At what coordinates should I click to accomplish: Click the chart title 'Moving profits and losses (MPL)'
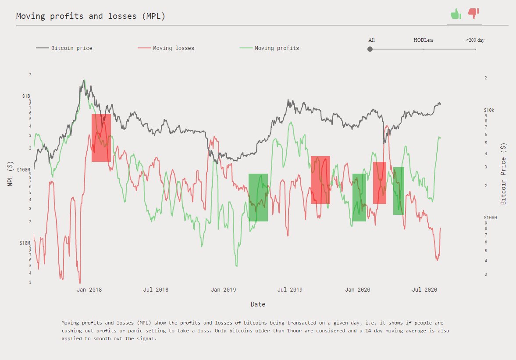pyautogui.click(x=90, y=16)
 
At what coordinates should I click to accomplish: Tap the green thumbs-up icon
pyautogui.click(x=456, y=14)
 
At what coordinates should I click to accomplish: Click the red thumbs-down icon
pyautogui.click(x=473, y=14)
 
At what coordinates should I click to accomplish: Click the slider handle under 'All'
pyautogui.click(x=370, y=49)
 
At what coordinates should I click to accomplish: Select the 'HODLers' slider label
pyautogui.click(x=423, y=40)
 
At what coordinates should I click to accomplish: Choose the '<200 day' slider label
pyautogui.click(x=475, y=40)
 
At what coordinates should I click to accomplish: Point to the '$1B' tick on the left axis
pyautogui.click(x=26, y=96)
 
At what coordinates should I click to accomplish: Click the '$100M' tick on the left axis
pyautogui.click(x=24, y=169)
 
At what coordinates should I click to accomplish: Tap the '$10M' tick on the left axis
pyautogui.click(x=25, y=242)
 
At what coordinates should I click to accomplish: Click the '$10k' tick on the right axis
pyautogui.click(x=489, y=110)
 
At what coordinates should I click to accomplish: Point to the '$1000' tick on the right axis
pyautogui.click(x=491, y=217)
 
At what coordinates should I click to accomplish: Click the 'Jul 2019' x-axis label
pyautogui.click(x=290, y=290)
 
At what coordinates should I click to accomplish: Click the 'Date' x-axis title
pyautogui.click(x=258, y=304)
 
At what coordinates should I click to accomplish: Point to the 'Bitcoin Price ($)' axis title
pyautogui.click(x=503, y=174)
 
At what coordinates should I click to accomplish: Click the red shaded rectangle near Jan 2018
pyautogui.click(x=101, y=138)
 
